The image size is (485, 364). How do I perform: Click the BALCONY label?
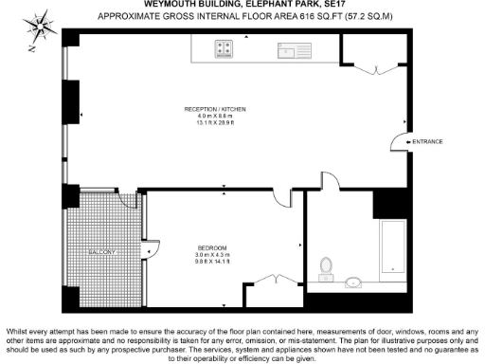(x=101, y=253)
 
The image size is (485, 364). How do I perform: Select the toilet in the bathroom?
(x=327, y=267)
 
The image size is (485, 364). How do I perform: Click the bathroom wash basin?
(x=356, y=281)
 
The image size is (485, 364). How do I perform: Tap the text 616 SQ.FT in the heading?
(x=267, y=16)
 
